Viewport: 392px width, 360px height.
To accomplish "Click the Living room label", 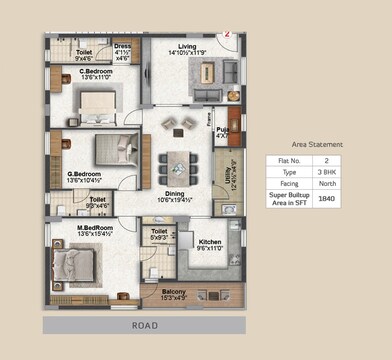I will click(187, 45).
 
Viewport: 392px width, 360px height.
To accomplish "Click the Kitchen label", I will click(209, 243).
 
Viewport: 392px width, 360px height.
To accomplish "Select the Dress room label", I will click(122, 46).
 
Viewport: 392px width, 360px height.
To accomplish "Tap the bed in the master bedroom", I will click(73, 265).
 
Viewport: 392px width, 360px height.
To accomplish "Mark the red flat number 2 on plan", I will click(227, 33).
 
